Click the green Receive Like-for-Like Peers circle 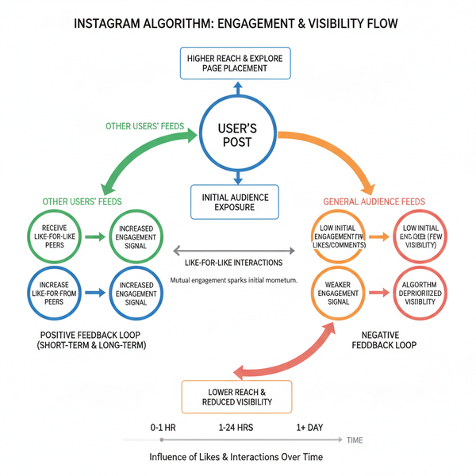[x=54, y=236]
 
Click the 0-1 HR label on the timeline [x=163, y=428]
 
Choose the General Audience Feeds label [x=374, y=202]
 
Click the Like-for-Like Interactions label [x=234, y=263]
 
